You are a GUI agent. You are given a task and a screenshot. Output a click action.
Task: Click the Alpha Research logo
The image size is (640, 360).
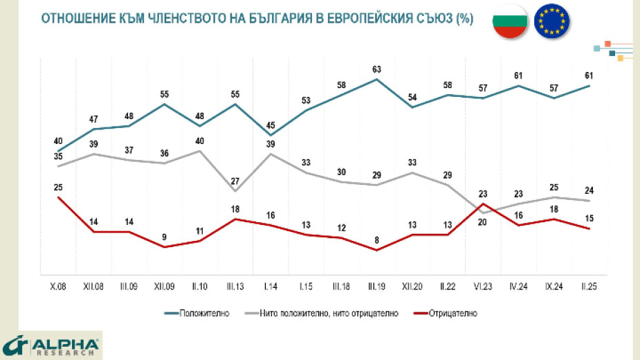(52, 345)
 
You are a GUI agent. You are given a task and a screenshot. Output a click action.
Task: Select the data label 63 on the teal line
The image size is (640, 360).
(377, 69)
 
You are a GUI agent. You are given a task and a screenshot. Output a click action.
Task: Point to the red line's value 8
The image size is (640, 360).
(377, 241)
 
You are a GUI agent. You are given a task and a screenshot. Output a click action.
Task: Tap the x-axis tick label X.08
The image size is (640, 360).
(58, 285)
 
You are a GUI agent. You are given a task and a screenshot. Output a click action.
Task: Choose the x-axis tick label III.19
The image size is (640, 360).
(377, 285)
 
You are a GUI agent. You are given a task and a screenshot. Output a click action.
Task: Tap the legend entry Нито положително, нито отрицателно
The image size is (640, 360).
(329, 313)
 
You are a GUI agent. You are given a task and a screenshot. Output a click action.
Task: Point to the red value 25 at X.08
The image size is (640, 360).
(58, 188)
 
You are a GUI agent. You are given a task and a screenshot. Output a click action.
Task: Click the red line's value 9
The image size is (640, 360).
(165, 237)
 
